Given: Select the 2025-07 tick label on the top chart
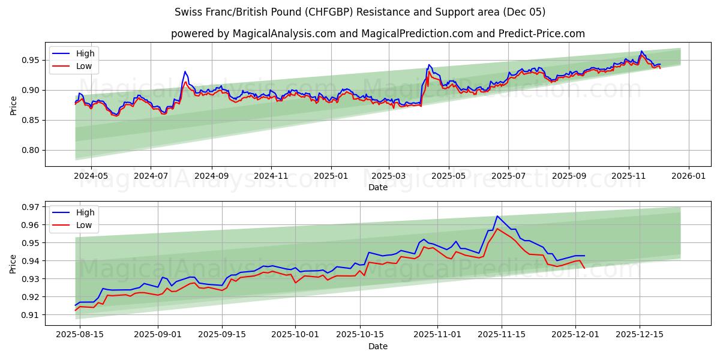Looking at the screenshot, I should (508, 177).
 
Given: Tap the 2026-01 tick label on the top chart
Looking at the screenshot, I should (688, 177).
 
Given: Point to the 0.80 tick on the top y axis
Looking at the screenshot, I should (29, 151).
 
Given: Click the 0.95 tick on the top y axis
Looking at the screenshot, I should (29, 60).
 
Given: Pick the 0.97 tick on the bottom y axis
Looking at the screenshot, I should (29, 207).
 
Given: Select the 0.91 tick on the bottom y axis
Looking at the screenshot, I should (29, 315).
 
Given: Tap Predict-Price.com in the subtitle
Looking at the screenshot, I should (541, 34).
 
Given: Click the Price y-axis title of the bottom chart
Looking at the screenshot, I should (13, 263).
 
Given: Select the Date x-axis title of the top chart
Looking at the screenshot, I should (378, 187).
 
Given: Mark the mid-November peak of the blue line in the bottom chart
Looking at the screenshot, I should (497, 216).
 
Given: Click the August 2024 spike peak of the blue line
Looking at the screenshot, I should (185, 71).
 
